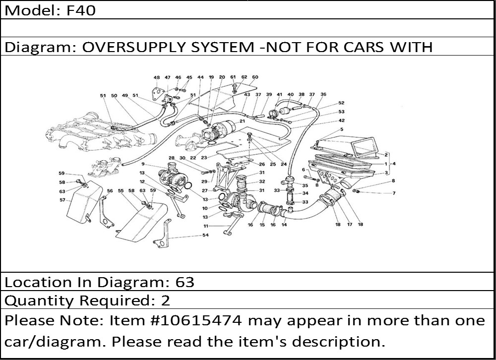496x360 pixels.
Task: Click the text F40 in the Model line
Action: tap(81, 10)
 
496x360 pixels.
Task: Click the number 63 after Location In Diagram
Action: tap(185, 282)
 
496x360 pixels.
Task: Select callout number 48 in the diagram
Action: tap(157, 78)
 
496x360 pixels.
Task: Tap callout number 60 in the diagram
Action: tap(255, 77)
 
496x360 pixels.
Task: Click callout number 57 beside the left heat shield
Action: tap(62, 200)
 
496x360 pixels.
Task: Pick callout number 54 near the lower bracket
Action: tap(205, 235)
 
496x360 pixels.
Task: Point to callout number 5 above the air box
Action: tap(342, 130)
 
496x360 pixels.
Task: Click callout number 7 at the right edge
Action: tap(394, 193)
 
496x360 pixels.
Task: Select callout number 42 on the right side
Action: tap(342, 120)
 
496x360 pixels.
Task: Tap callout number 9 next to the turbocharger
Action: tap(143, 164)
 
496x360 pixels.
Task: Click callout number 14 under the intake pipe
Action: tap(284, 225)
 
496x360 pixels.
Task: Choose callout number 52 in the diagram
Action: tap(342, 103)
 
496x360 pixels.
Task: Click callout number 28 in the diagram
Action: tap(172, 158)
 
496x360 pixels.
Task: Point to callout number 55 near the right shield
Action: tap(121, 190)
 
